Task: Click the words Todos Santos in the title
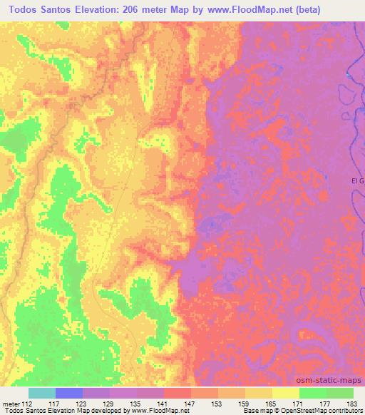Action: point(43,10)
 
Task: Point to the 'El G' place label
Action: point(358,180)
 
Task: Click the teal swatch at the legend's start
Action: point(42,393)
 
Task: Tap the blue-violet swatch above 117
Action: point(69,393)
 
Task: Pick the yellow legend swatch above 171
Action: point(286,393)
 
